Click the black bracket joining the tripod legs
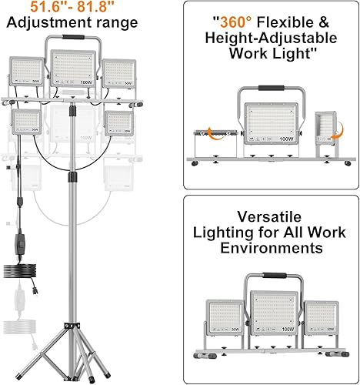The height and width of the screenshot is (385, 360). (77, 347)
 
